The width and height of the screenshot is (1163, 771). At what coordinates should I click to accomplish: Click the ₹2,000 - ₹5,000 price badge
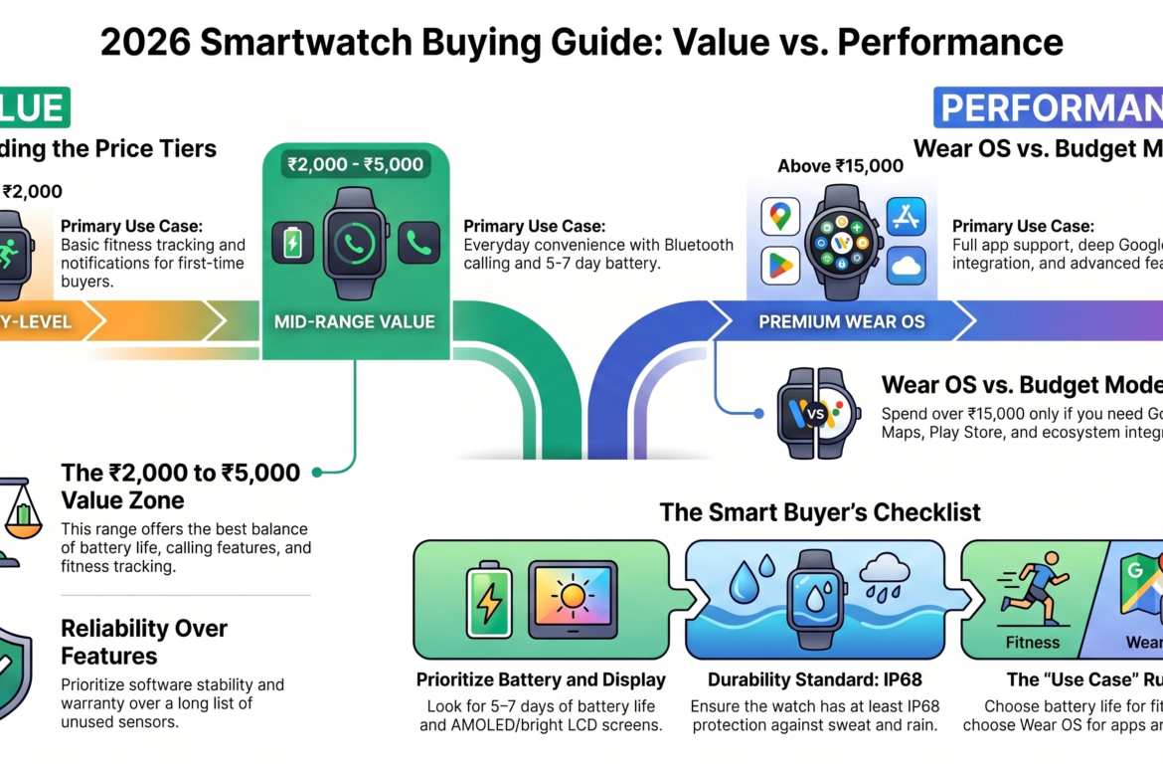pyautogui.click(x=356, y=164)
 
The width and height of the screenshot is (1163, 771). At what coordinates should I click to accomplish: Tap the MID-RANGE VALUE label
pyautogui.click(x=356, y=321)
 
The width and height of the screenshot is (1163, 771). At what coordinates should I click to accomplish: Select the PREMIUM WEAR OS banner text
pyautogui.click(x=842, y=321)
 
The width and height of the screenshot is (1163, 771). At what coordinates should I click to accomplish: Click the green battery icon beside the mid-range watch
pyautogui.click(x=292, y=243)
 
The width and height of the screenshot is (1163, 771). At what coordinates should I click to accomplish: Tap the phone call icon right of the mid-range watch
pyautogui.click(x=418, y=243)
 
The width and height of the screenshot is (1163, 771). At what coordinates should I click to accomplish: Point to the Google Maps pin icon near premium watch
pyautogui.click(x=780, y=216)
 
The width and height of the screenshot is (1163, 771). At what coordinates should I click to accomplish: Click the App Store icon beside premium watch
pyautogui.click(x=906, y=216)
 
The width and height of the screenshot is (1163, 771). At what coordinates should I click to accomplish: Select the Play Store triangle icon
pyautogui.click(x=780, y=265)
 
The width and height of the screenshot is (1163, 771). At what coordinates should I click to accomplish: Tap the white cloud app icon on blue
pyautogui.click(x=906, y=265)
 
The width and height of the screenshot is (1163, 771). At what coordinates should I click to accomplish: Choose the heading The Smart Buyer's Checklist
pyautogui.click(x=820, y=512)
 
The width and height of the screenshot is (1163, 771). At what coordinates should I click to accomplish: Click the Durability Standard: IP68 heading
pyautogui.click(x=814, y=680)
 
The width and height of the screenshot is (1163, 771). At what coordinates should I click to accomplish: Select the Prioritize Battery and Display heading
pyautogui.click(x=541, y=680)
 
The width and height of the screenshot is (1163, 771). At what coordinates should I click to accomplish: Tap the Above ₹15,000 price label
pyautogui.click(x=841, y=166)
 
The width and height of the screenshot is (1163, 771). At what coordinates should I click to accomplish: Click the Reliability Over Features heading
pyautogui.click(x=144, y=642)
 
